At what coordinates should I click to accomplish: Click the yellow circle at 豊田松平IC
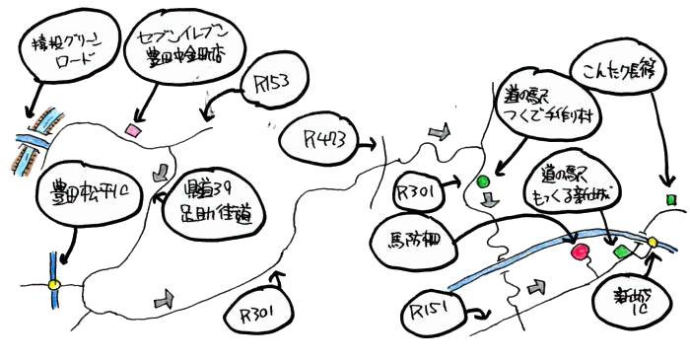(x=54, y=285)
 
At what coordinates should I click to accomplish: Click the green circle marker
(x=483, y=182)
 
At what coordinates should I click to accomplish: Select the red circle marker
(x=580, y=252)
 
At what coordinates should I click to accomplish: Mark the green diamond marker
(x=620, y=253)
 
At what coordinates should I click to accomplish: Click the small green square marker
(x=671, y=199)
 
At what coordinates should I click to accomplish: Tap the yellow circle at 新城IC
(x=651, y=242)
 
